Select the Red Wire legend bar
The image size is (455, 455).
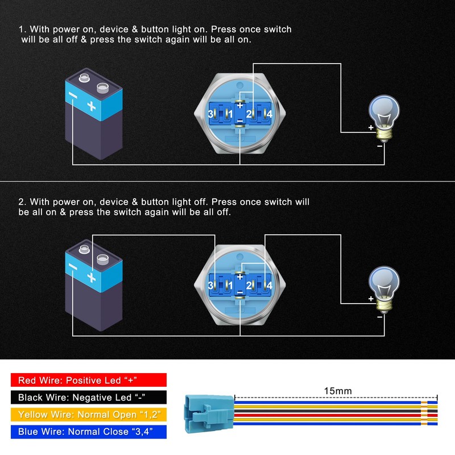(88, 380)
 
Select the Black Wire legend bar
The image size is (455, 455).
(88, 398)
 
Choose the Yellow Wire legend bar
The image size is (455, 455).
(88, 415)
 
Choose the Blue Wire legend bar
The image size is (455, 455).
(88, 432)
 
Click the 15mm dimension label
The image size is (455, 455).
(337, 391)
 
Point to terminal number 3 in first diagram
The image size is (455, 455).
(211, 115)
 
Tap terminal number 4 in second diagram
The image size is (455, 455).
(269, 285)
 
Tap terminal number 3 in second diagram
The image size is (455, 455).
(211, 285)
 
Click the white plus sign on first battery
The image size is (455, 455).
(90, 106)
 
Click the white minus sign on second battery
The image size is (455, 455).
(72, 266)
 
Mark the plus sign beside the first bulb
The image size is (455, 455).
(371, 128)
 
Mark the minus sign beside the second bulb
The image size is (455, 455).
(379, 317)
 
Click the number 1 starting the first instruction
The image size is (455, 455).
(22, 30)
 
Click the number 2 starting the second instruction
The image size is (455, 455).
(22, 202)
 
